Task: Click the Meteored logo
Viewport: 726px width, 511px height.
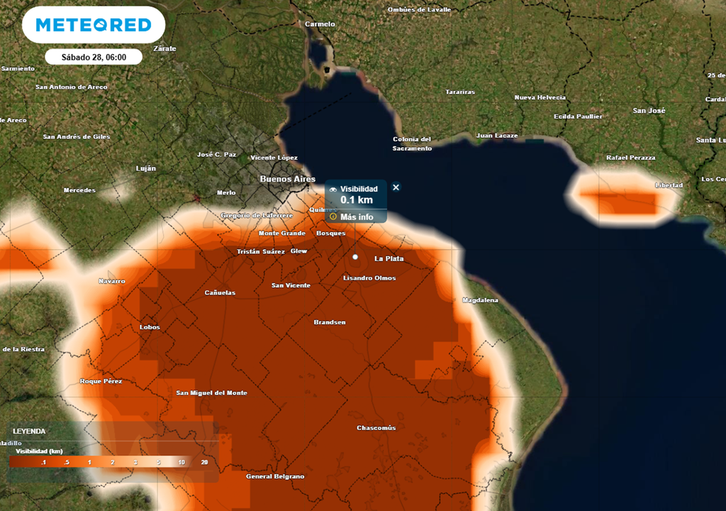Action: [94, 26]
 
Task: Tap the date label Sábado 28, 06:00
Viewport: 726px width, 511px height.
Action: [94, 57]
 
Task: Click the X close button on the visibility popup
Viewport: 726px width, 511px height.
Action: [396, 187]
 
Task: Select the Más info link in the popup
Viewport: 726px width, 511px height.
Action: [357, 216]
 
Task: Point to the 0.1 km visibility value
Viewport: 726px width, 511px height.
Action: [357, 200]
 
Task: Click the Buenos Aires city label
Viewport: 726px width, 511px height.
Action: [288, 179]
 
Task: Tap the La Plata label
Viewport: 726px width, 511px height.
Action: [389, 258]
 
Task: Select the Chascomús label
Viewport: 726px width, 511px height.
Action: [376, 428]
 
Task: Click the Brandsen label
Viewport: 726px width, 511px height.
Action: [330, 322]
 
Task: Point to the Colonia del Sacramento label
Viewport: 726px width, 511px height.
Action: [412, 143]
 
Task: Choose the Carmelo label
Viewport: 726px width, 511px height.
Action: [319, 24]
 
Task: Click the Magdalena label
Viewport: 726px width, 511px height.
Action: [480, 300]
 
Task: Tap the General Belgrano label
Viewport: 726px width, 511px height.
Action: [275, 476]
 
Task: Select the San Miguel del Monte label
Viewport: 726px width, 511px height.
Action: [212, 392]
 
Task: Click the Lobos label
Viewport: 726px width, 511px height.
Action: [150, 327]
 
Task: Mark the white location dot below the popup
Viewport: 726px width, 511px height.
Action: [355, 256]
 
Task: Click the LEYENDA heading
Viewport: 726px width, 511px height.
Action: [29, 431]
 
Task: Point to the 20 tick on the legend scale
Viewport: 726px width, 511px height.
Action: [204, 463]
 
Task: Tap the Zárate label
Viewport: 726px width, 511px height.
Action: [164, 48]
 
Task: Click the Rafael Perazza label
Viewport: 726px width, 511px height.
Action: [631, 158]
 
